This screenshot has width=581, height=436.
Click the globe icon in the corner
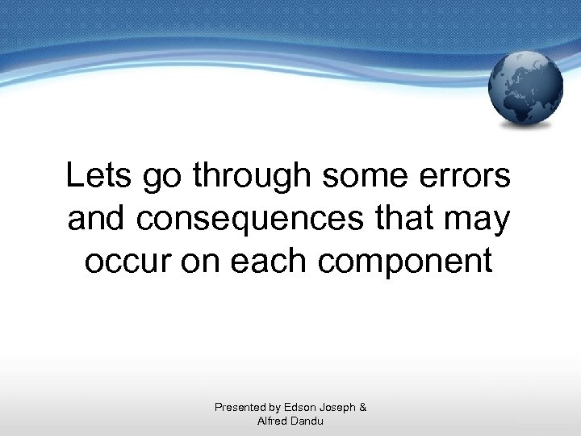(x=526, y=88)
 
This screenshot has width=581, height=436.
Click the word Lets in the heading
(x=94, y=176)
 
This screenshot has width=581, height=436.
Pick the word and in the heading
(x=94, y=218)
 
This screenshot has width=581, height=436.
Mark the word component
(x=415, y=263)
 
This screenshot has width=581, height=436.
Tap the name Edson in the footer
(x=300, y=408)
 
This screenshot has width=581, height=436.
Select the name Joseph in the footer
(x=338, y=408)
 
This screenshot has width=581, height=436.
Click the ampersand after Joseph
(x=362, y=408)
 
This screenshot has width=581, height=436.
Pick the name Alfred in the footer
(x=272, y=421)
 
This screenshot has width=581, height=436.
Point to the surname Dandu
(x=308, y=421)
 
